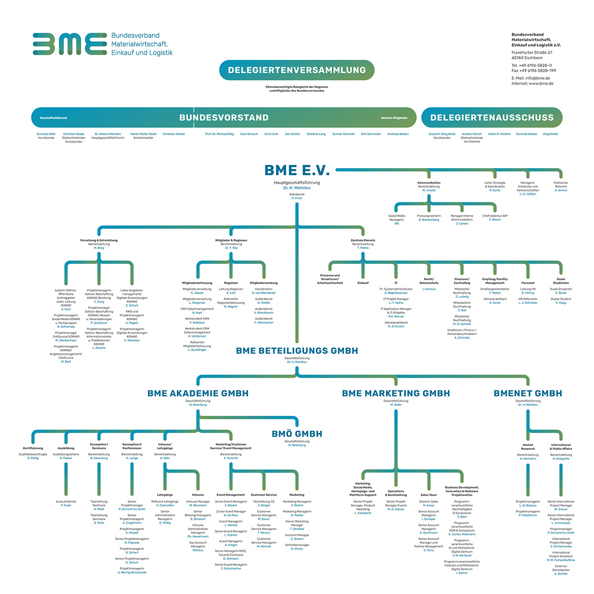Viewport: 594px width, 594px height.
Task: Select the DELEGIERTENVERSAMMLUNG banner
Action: pos(297,70)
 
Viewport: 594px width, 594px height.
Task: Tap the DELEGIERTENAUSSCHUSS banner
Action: pos(492,118)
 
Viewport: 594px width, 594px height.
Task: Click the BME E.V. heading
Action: pos(297,170)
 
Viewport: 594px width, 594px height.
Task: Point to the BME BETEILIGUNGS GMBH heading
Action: pos(297,350)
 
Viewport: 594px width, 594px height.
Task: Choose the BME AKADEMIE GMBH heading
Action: pos(198,394)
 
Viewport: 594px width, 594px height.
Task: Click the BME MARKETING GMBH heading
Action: pos(396,394)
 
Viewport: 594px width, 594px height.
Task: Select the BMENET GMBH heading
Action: pos(528,394)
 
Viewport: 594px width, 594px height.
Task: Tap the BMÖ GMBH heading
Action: pos(297,434)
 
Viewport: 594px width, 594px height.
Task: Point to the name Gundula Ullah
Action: pos(46,134)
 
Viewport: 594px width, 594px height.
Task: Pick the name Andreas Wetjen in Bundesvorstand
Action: pos(398,134)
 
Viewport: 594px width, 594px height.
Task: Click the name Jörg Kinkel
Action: pos(550,134)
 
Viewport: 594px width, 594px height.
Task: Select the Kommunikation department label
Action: pos(429,183)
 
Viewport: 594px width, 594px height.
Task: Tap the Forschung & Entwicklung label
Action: pos(99,241)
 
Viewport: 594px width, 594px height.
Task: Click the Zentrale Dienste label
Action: pos(363,241)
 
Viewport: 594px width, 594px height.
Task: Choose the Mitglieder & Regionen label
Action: pos(231,241)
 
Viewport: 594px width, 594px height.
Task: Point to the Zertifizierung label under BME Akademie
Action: pos(33,448)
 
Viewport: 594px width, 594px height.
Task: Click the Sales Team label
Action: pos(429,495)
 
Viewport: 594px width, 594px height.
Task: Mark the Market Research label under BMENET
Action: pos(528,446)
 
